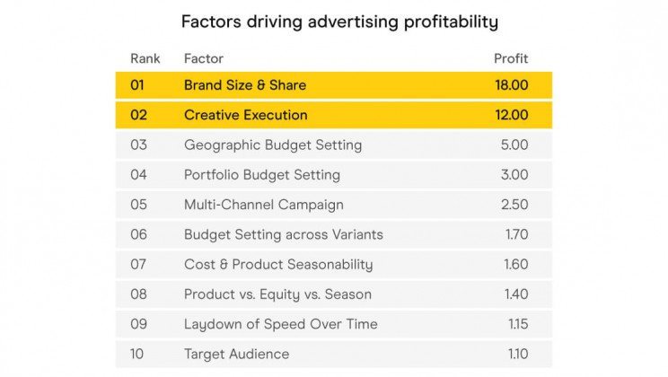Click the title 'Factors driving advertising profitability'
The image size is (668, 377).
(339, 21)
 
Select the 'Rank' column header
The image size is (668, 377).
(145, 59)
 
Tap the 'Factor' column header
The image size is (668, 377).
(204, 59)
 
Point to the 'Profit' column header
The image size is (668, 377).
(511, 59)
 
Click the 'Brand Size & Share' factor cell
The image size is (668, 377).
(245, 85)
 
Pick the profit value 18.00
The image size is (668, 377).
(510, 85)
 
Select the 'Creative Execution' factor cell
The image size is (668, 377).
(246, 115)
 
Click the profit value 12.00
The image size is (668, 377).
(510, 115)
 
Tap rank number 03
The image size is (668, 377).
(138, 145)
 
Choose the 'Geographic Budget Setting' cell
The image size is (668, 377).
(273, 145)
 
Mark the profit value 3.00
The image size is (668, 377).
(514, 175)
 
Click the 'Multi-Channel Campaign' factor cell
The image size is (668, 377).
(264, 205)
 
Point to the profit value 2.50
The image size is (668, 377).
(514, 205)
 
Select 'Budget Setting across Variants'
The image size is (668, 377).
(284, 234)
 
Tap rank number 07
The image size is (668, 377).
(138, 264)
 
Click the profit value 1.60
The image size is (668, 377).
(516, 264)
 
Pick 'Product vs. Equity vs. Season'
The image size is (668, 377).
(277, 294)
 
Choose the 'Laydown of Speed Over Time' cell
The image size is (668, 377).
(281, 324)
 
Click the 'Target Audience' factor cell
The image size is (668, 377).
(237, 354)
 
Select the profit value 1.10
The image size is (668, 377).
(517, 354)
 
